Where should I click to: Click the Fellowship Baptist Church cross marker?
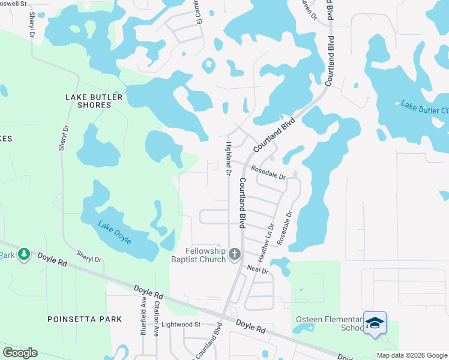coord(235,254)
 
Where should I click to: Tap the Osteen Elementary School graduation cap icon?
coord(375,323)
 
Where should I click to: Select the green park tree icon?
coord(23,254)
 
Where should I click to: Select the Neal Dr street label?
coord(257,271)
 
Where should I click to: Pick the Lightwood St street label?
coord(182,324)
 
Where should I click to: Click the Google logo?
coord(20,353)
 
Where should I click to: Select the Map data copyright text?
coord(412,355)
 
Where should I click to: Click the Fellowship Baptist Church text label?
coord(205,254)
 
